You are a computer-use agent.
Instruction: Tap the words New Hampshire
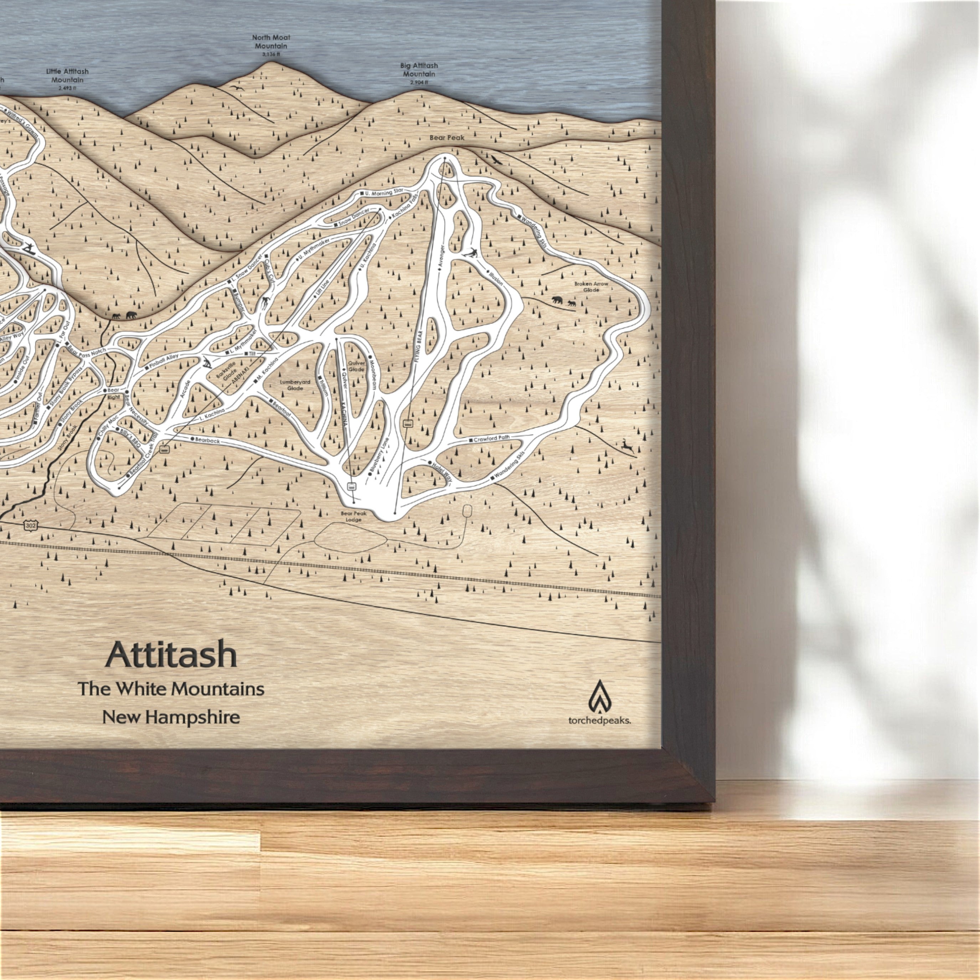point(171,717)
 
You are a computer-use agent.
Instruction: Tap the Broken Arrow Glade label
point(591,287)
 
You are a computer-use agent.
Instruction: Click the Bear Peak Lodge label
point(354,516)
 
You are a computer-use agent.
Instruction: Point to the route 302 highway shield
point(31,526)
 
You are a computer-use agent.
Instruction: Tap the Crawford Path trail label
point(491,438)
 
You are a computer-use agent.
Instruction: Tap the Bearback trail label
point(207,440)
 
